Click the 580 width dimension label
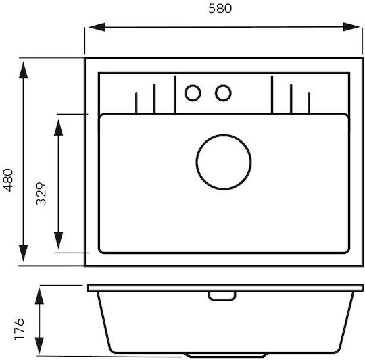coord(220,9)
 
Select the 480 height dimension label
coord(8,180)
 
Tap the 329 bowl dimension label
coord(41,194)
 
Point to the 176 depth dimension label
coord(19,329)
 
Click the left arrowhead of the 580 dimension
coord(97,27)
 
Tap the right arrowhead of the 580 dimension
coord(351,27)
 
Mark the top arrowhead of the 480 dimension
coord(23,70)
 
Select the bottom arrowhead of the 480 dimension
coord(23,253)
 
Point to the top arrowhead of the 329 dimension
coord(58,128)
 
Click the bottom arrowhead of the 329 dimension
coord(58,240)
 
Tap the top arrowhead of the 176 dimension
coord(39,296)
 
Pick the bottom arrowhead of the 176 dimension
coord(39,345)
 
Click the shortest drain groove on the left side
coord(136,103)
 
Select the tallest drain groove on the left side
coord(175,95)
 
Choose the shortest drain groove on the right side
coord(308,103)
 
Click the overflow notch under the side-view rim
coord(222,296)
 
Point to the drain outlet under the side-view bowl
coord(225,355)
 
